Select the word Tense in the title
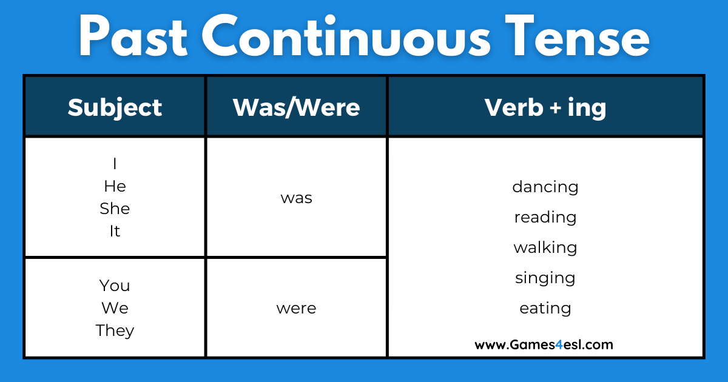(575, 38)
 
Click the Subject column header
(115, 107)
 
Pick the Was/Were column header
(296, 107)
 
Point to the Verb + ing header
(545, 107)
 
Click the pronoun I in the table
(115, 164)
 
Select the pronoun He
(115, 186)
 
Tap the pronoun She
(115, 209)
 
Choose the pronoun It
(115, 231)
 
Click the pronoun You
(115, 286)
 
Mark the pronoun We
(115, 308)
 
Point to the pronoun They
(115, 330)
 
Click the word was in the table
(296, 198)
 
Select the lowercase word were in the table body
(296, 308)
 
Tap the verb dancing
(545, 187)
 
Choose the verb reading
(545, 217)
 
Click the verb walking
(545, 247)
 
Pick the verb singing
(545, 278)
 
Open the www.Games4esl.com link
(544, 344)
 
